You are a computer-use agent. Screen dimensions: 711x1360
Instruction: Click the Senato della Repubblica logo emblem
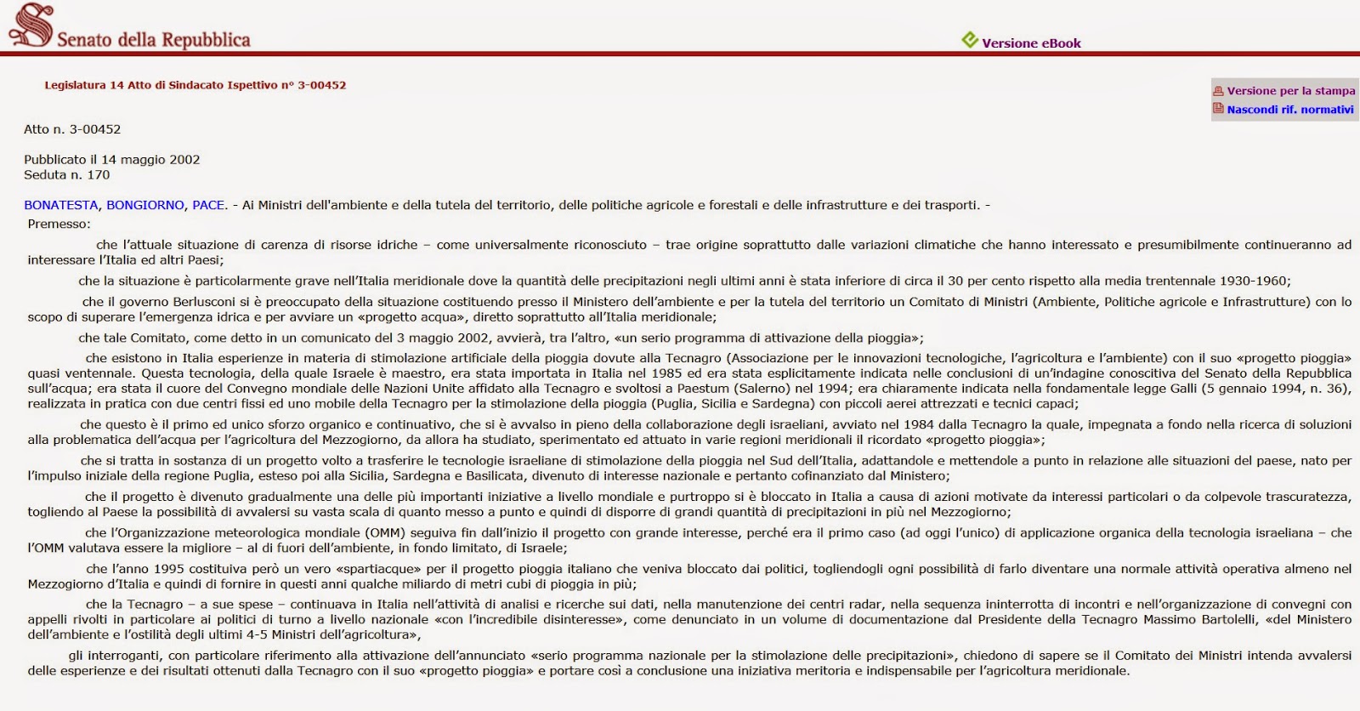click(x=31, y=25)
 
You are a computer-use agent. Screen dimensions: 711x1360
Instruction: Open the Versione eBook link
click(x=1031, y=43)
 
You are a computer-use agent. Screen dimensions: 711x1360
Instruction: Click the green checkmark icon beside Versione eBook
click(x=969, y=40)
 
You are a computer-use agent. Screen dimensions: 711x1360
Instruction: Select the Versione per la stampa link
click(x=1290, y=91)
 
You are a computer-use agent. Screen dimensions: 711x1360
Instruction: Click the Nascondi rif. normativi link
click(x=1289, y=110)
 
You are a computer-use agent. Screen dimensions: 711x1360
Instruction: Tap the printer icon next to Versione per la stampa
click(x=1218, y=91)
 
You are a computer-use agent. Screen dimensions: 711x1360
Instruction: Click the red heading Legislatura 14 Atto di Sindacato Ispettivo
click(x=195, y=85)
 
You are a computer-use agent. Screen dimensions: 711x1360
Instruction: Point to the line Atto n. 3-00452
click(x=72, y=129)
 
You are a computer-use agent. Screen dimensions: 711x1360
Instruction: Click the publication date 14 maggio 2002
click(x=150, y=160)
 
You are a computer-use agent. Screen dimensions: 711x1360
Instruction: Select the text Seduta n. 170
click(x=67, y=175)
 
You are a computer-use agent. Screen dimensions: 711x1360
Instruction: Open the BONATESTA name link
click(x=62, y=205)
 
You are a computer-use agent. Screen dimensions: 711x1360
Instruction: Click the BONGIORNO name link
click(x=145, y=205)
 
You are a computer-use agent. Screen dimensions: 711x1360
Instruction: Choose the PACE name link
click(x=208, y=205)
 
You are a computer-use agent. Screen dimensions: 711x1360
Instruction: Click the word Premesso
click(x=58, y=225)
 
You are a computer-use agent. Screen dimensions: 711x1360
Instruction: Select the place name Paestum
click(x=703, y=389)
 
